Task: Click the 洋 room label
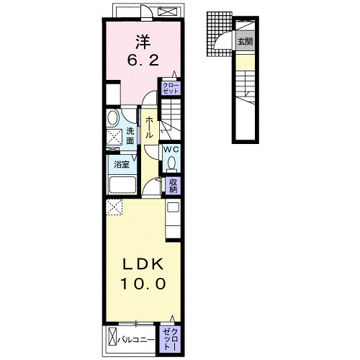coord(143,42)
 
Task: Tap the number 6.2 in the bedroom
coord(143,60)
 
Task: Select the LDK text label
coord(143,264)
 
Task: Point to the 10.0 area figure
coord(143,284)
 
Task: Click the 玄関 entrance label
coord(245,42)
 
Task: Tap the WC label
coord(171,149)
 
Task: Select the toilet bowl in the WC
coord(171,163)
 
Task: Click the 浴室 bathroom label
coord(122,165)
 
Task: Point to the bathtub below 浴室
coord(122,184)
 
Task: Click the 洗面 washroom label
coord(130,136)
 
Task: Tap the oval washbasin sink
coord(112,117)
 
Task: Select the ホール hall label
coord(149,127)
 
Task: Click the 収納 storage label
coord(173,186)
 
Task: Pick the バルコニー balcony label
coord(136,340)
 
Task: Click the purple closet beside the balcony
coord(170,339)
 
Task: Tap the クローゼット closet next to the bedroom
coord(171,88)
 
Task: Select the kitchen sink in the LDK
coord(173,207)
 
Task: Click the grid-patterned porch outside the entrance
coord(219,34)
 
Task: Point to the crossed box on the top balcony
coord(167,12)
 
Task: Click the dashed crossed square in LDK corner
coord(114,207)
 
